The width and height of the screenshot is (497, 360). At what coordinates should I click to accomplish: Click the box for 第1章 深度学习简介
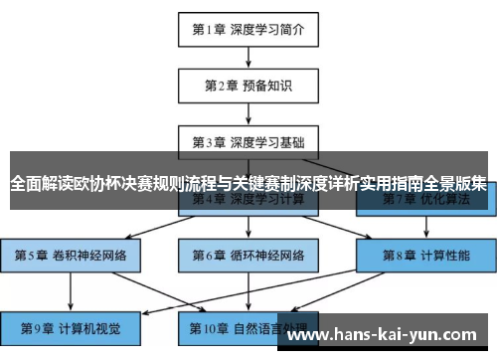[x=248, y=29]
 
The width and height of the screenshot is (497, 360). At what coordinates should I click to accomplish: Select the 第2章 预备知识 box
[x=248, y=85]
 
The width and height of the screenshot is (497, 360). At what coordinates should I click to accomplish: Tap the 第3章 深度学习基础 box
[x=248, y=140]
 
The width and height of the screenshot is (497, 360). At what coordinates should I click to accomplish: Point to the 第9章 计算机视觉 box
[x=71, y=326]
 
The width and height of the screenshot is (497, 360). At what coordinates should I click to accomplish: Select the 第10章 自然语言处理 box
[x=248, y=326]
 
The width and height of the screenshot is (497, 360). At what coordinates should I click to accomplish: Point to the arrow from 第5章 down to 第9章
[x=71, y=290]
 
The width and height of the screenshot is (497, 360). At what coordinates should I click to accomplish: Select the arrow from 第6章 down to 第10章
[x=248, y=290]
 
